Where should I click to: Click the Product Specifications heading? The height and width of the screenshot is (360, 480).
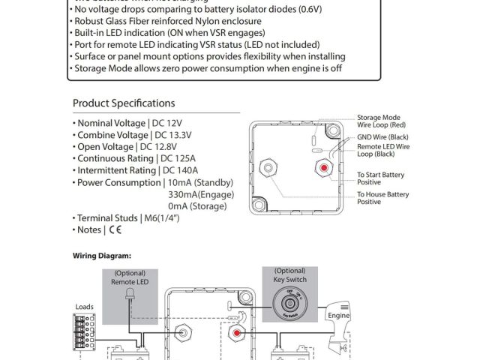tap(124, 103)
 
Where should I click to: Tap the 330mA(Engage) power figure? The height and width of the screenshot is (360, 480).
tap(201, 193)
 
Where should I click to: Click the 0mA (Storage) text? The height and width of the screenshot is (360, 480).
tap(198, 205)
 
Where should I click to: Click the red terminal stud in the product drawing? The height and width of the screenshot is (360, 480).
tap(323, 166)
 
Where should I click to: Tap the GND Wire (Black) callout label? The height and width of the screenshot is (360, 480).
tap(383, 138)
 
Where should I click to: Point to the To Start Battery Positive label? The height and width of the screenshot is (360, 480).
tap(380, 178)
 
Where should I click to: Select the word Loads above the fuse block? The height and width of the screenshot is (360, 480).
tap(85, 307)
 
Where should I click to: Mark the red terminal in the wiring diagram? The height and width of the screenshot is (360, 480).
tap(235, 331)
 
